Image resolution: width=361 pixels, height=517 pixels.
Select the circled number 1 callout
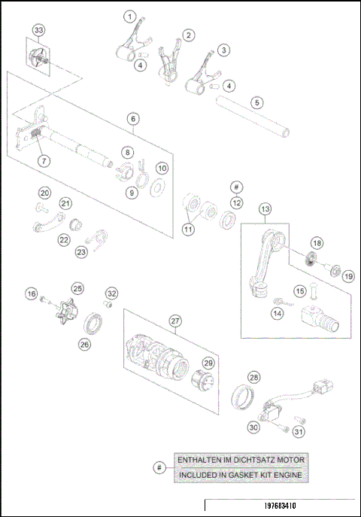tap(131, 16)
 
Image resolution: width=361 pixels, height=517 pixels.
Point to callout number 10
tap(162, 167)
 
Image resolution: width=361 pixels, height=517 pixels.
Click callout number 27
tap(174, 321)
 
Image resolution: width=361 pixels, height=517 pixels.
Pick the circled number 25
tap(77, 288)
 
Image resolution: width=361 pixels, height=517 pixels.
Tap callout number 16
tap(31, 293)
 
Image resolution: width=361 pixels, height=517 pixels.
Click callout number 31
tap(299, 431)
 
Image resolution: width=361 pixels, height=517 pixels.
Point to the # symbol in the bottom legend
tap(158, 467)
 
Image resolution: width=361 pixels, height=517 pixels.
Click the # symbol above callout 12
tap(236, 186)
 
